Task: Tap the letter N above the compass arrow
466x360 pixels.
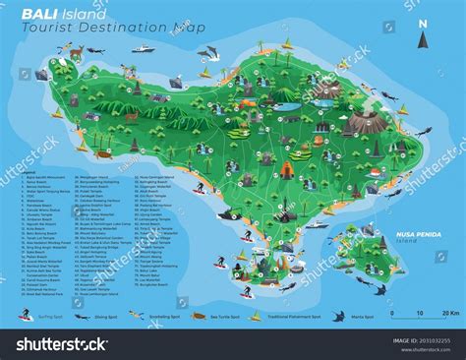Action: [x=422, y=24]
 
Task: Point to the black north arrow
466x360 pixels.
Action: [x=422, y=40]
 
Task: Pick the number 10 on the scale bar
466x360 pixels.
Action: [x=420, y=314]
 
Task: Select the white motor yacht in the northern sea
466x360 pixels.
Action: [x=144, y=48]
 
